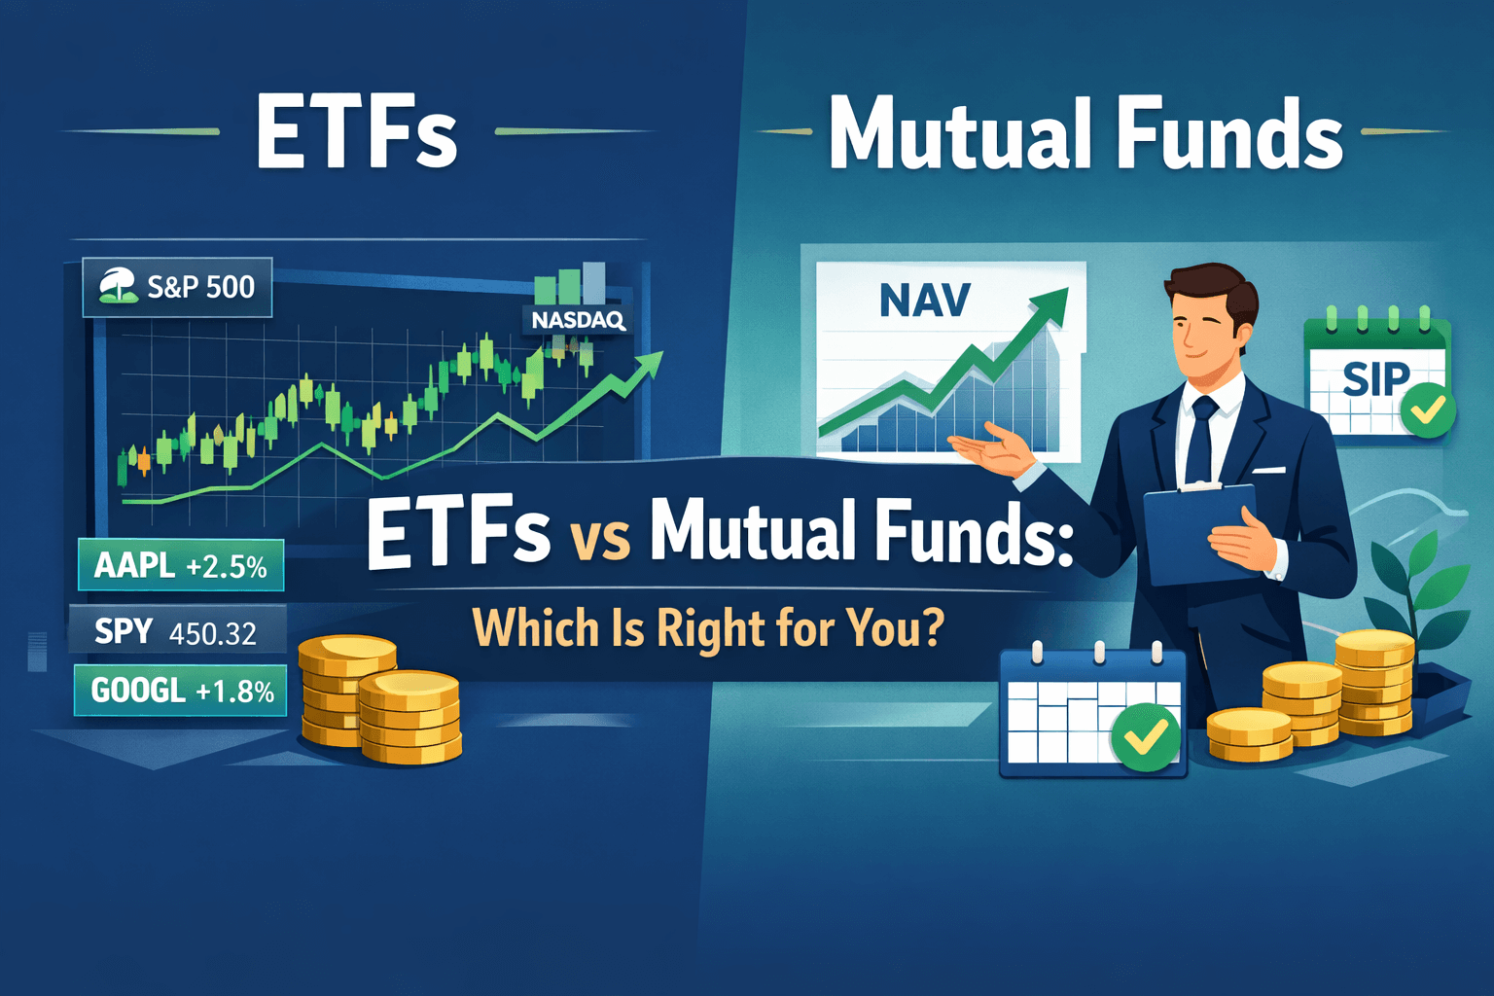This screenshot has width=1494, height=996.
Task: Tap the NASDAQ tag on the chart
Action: coord(578,319)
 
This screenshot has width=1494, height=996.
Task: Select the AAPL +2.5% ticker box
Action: coord(181,565)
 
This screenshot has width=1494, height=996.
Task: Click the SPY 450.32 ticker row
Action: coord(176,632)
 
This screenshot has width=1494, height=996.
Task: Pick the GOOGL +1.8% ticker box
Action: coord(182,691)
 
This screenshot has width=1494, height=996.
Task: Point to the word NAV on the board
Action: coord(924,301)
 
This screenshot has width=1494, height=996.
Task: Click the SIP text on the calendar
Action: coord(1375,378)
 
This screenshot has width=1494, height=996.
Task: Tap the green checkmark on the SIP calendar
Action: coord(1428,411)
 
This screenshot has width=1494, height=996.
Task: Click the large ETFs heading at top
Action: coord(356,133)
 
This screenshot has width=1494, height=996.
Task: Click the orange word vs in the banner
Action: coord(600,539)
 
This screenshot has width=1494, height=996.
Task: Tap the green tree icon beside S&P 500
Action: coord(119,286)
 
